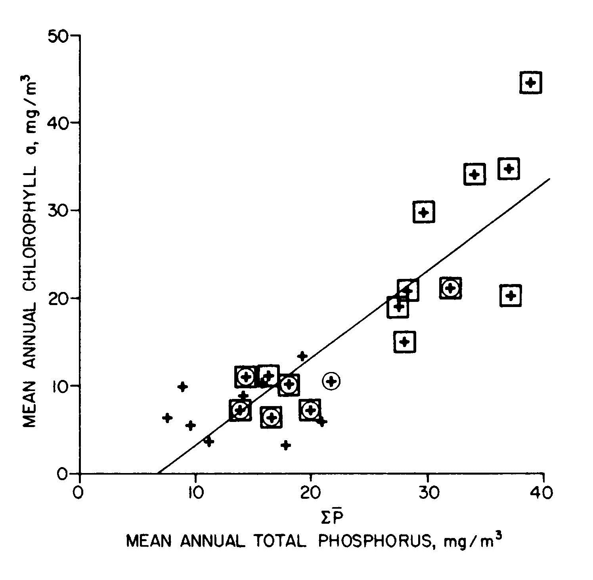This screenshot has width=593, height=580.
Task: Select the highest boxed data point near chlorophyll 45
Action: coord(530,83)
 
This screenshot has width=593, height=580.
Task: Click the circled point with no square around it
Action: coord(331,381)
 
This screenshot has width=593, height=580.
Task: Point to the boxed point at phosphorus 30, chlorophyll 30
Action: coord(424,212)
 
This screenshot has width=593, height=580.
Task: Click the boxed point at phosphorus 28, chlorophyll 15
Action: coord(405,342)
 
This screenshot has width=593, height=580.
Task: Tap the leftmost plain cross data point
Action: coord(167,418)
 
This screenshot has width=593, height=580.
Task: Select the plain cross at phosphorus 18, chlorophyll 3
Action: coord(286,445)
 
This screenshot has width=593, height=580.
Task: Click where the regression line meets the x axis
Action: coord(158,473)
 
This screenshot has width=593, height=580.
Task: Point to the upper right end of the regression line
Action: coord(550,179)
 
